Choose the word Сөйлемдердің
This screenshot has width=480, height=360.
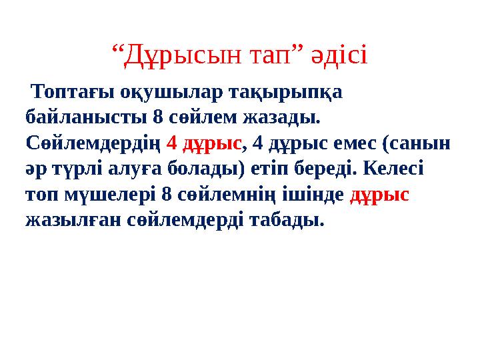[x=93, y=143]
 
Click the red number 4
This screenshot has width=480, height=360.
[x=171, y=143]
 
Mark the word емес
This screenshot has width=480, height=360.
[x=359, y=143]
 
